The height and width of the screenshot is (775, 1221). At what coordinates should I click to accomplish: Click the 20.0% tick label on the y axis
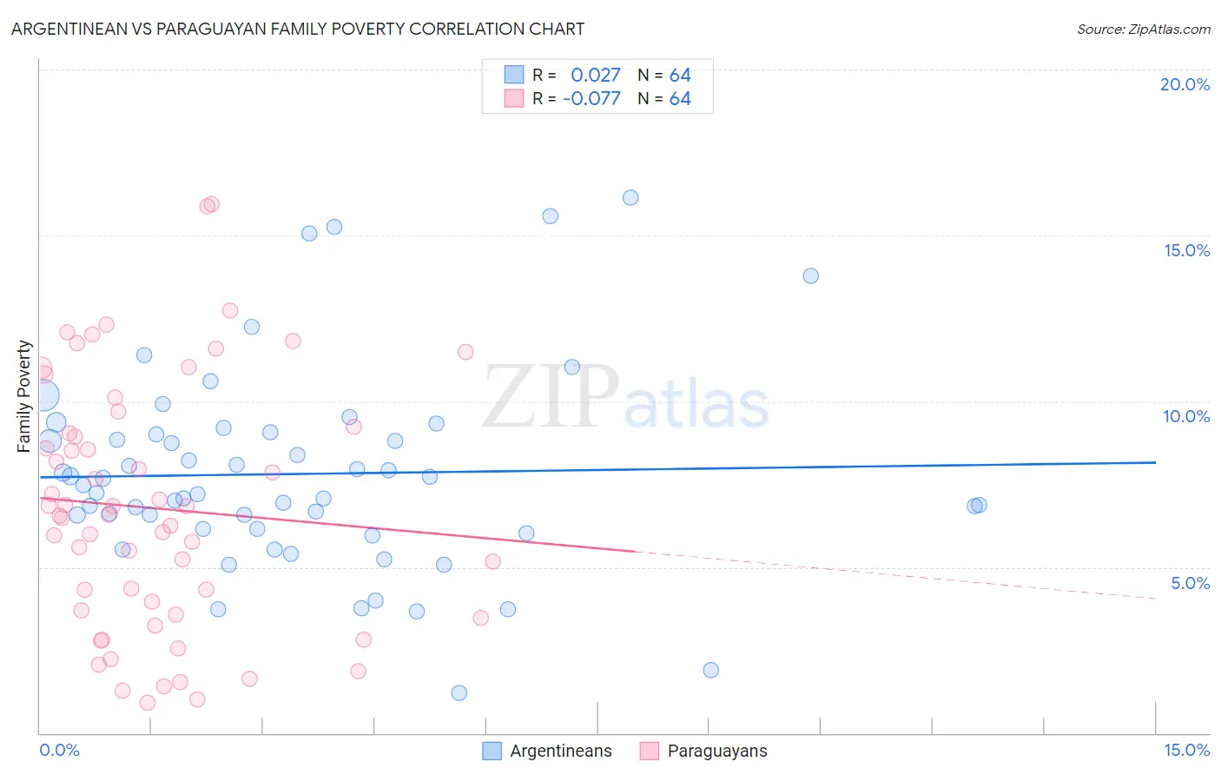(1185, 84)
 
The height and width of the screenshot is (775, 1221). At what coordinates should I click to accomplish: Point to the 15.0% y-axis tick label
(1186, 250)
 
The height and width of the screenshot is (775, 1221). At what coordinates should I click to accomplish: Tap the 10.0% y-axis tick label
(1186, 416)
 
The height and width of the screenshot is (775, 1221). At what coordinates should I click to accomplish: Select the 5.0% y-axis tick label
(1190, 583)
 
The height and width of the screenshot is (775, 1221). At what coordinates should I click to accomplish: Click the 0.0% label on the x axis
(59, 750)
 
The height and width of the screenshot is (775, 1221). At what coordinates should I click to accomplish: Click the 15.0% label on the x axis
(1186, 750)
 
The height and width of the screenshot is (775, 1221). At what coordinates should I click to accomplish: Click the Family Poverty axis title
(24, 396)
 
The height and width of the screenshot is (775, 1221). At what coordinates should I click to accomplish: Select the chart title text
(298, 29)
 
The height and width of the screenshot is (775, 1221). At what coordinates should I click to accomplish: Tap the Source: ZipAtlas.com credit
(1143, 29)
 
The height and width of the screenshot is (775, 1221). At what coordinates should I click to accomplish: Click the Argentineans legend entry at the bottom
(560, 751)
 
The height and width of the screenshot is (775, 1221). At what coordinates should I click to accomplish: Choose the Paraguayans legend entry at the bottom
(716, 751)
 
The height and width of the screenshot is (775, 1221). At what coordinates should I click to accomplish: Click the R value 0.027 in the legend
(596, 75)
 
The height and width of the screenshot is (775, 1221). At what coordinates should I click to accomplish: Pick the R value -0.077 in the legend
(592, 98)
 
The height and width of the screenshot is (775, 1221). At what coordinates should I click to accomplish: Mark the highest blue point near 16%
(630, 198)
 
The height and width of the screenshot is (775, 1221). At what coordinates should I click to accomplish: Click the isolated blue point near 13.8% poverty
(810, 275)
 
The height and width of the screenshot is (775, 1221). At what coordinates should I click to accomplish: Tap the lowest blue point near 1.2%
(459, 692)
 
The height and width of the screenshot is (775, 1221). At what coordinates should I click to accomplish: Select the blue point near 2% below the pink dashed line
(710, 670)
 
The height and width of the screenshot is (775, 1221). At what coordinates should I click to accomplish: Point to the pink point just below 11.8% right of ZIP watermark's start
(465, 352)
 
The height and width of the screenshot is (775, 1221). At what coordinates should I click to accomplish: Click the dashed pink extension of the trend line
(894, 575)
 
